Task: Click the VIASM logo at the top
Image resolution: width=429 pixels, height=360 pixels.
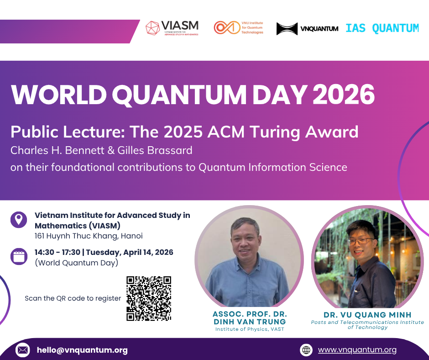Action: pos(172,28)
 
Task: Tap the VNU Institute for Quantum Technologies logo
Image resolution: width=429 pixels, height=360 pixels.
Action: pos(239,28)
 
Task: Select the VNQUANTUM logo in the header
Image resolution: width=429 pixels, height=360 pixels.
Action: pos(307,29)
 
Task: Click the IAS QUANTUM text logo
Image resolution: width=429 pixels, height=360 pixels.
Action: pos(382,28)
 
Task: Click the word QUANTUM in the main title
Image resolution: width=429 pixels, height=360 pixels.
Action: pos(177,95)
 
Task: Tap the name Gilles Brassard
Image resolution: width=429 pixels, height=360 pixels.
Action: pos(158,150)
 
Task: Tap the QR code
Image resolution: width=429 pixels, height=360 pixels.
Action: pos(149,298)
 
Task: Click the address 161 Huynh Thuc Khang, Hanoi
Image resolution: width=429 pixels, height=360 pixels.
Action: pos(89,236)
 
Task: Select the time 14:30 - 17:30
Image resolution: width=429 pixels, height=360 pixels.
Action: pos(58,252)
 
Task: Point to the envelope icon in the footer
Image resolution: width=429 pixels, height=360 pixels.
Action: pos(22,350)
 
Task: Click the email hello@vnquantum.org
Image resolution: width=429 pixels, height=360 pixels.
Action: pos(82,350)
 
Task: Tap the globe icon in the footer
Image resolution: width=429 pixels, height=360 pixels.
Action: pos(306,350)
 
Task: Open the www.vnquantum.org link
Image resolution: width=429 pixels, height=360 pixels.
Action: pos(357,350)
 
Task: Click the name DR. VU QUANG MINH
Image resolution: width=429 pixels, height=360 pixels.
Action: pos(367,315)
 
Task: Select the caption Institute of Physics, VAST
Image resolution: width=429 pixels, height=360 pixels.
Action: pos(250,329)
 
